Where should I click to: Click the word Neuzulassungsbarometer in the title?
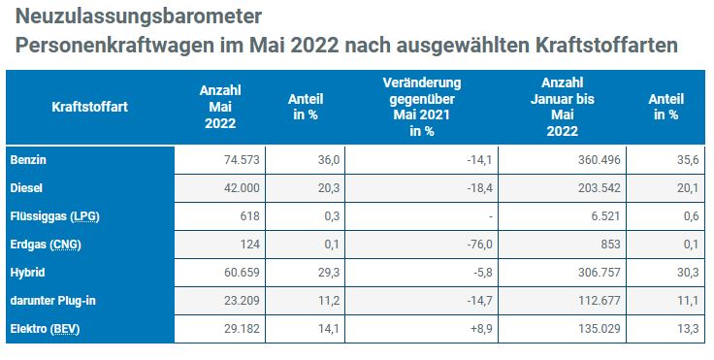139,16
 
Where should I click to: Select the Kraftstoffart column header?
89,107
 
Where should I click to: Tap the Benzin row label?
28,160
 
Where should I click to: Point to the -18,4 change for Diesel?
479,187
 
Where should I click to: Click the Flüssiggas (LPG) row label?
54,216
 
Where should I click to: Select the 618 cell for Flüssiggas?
249,216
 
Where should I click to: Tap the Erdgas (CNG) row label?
46,245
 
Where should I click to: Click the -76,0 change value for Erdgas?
479,245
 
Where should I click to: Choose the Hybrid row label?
27,273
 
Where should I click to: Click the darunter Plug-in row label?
52,301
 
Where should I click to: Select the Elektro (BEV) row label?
45,329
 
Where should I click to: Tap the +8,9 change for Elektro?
481,329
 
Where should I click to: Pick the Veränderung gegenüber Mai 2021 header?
422,107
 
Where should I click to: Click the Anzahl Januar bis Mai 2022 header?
563,107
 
